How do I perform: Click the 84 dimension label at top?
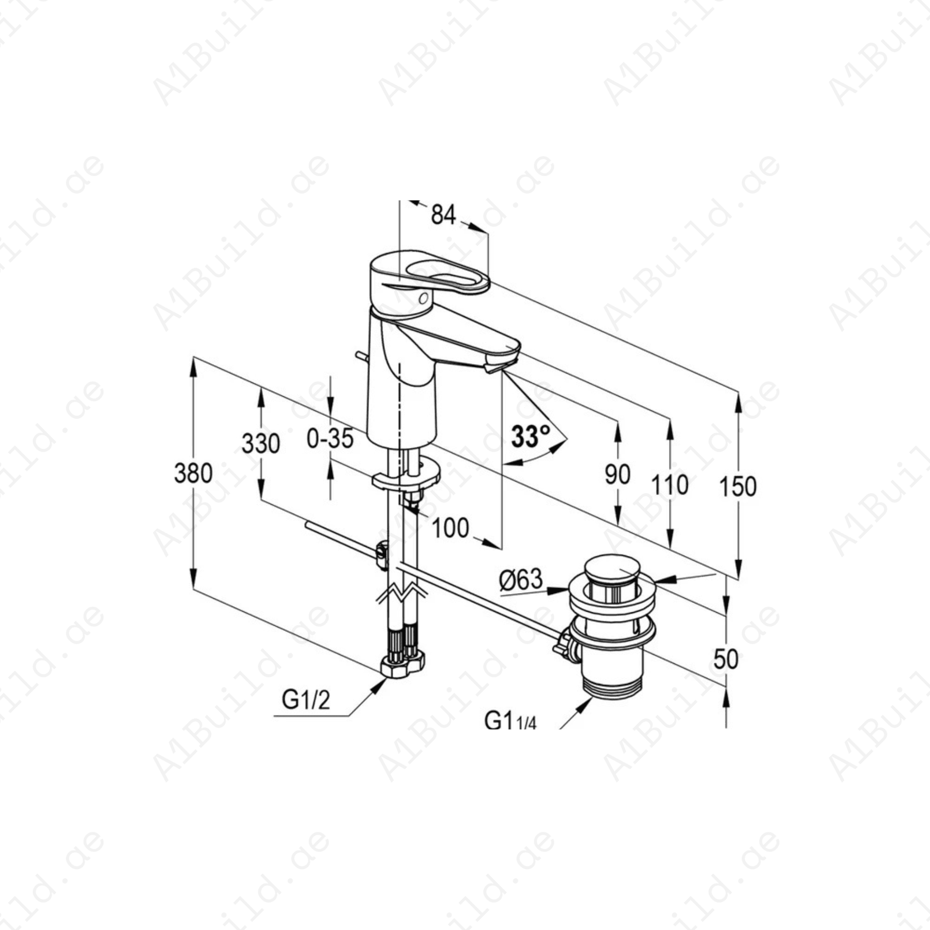(443, 214)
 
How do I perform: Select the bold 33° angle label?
(530, 437)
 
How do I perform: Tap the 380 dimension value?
(193, 473)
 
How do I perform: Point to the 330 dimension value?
(260, 443)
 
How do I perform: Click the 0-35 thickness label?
(330, 439)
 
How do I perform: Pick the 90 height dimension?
(617, 474)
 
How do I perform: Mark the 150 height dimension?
(737, 486)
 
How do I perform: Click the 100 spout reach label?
(450, 528)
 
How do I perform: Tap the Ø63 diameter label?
(521, 579)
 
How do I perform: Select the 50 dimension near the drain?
(725, 659)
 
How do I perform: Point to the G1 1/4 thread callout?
(510, 720)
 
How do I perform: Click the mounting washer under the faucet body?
(407, 477)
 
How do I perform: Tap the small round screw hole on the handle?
(423, 298)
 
